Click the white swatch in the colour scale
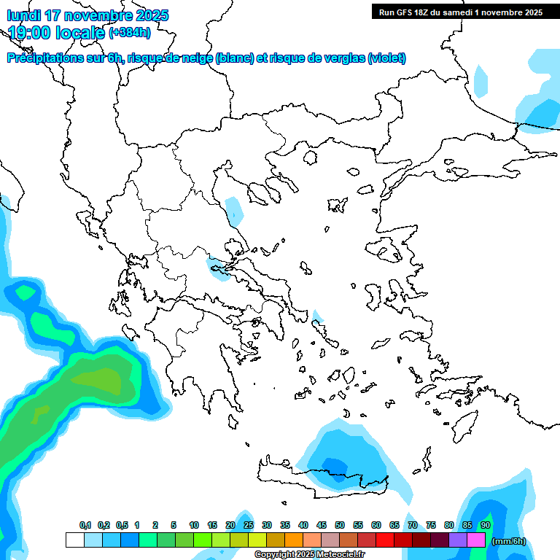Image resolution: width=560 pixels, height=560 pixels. pos(74,540)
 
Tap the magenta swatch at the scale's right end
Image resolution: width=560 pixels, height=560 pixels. pos(476,540)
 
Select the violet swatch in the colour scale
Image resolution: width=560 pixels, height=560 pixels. pos(458,540)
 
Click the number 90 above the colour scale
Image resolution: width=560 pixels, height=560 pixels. pos(486,525)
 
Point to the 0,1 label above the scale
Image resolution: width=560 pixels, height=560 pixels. pos(85,525)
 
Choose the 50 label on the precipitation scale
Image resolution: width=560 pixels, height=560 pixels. pos(340,525)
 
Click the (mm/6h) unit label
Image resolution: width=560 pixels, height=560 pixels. pos(509,541)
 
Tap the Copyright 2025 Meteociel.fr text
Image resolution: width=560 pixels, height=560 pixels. pos(309,555)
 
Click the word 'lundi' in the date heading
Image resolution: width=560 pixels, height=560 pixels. pos(25,15)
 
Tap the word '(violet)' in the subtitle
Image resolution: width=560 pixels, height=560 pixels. pos(386,58)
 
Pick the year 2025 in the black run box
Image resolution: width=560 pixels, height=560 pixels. pos(528,12)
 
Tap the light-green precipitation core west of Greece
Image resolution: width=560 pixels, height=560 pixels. pos(104,379)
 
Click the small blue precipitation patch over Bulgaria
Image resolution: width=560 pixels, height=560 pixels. pos(234,210)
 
